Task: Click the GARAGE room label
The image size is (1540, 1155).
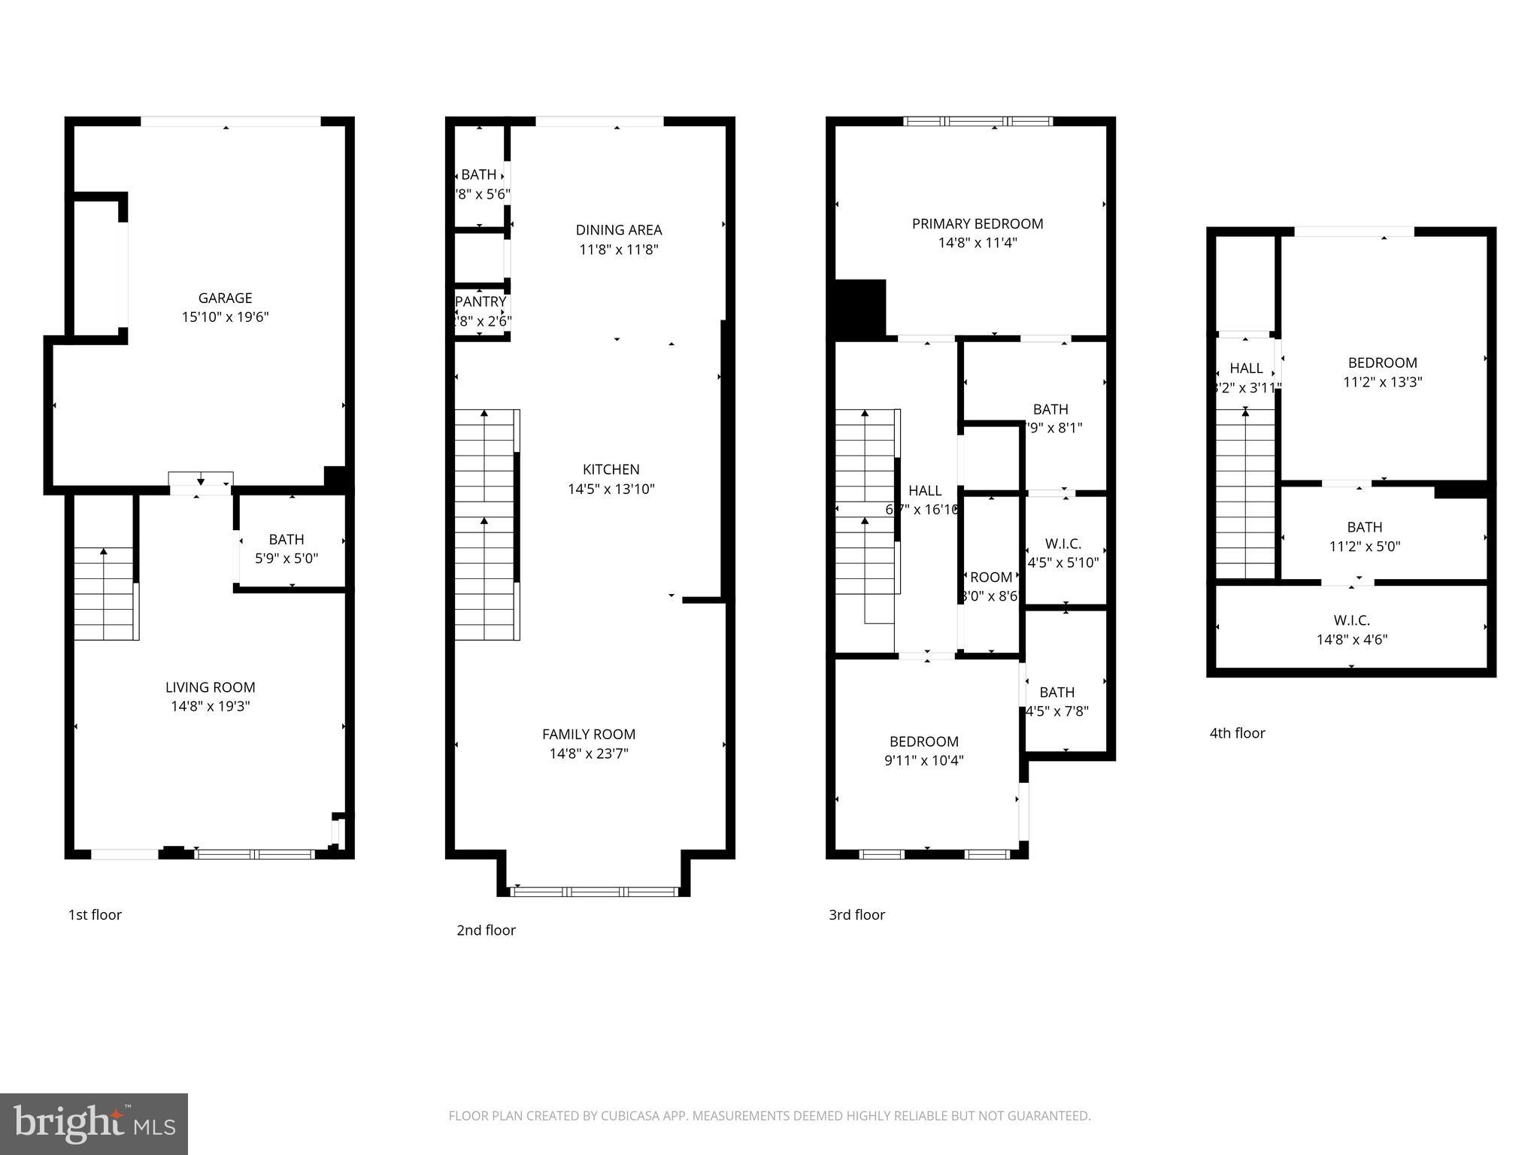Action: click(x=225, y=298)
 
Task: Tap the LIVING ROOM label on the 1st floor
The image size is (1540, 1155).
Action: click(x=210, y=687)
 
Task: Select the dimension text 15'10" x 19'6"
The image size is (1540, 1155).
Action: click(x=225, y=317)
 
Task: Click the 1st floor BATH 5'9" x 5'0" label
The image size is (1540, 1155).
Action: click(x=286, y=549)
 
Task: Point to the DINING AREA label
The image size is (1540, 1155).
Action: click(x=619, y=230)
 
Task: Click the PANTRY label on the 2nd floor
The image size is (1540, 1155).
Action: click(x=480, y=302)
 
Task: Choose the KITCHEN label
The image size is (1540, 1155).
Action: click(x=611, y=469)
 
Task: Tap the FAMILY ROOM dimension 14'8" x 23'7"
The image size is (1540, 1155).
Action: click(x=589, y=753)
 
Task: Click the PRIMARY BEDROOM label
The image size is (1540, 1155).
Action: click(x=978, y=223)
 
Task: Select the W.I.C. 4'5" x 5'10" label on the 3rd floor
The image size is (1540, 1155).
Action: click(x=1063, y=553)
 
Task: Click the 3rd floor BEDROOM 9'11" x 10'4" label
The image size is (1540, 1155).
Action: click(x=924, y=750)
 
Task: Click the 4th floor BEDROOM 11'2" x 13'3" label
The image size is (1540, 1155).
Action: click(x=1382, y=371)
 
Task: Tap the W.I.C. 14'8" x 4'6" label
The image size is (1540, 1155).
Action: click(x=1351, y=630)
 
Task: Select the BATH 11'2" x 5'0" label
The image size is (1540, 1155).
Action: click(x=1364, y=537)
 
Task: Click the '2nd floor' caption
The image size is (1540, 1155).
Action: click(x=486, y=930)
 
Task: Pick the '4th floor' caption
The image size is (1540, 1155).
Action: click(x=1237, y=733)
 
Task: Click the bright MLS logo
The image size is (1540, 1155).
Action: click(x=94, y=1123)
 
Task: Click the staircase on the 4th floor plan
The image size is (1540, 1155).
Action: click(x=1245, y=496)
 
